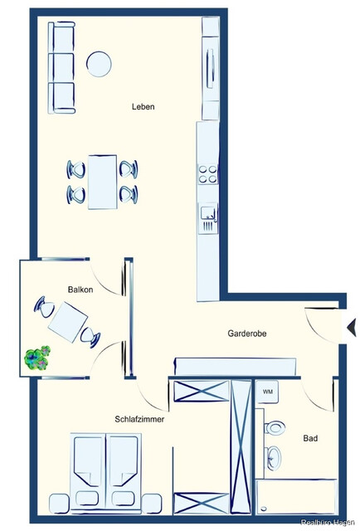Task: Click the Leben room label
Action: [x=143, y=107]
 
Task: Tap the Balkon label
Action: [x=80, y=290]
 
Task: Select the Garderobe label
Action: [x=247, y=334]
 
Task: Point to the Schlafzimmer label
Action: [x=139, y=420]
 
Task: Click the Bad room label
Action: [x=310, y=437]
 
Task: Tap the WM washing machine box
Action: [x=268, y=391]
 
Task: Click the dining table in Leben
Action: [x=102, y=180]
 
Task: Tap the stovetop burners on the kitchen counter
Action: [x=207, y=174]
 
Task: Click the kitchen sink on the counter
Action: [x=207, y=219]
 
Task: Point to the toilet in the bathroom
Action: [x=275, y=428]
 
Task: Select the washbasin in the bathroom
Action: [x=273, y=457]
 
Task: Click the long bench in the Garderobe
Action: [x=235, y=366]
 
